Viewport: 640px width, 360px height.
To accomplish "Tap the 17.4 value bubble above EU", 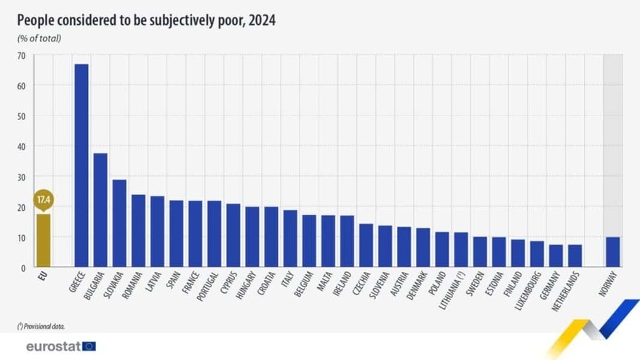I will point(44,199).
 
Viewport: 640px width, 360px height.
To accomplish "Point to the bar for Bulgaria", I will point(100,210).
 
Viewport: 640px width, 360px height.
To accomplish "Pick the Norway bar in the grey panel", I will point(613,252).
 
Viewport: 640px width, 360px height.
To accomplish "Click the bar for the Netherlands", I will point(575,256).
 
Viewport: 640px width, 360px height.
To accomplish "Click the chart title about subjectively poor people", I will point(146,20).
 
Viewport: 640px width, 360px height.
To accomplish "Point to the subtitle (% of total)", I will point(39,38).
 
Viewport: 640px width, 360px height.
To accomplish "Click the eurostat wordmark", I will point(52,346).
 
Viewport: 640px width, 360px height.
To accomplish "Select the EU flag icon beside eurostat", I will point(89,346).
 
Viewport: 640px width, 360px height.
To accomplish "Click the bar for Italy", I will point(290,239).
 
